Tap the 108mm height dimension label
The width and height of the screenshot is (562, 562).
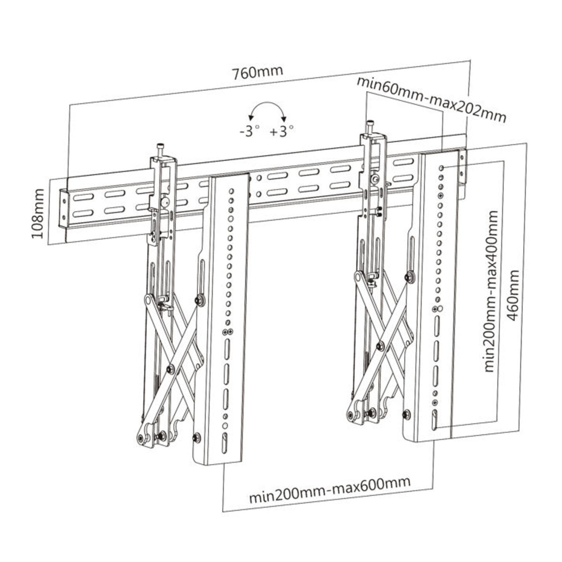[38, 214]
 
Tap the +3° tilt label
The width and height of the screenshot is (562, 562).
[282, 132]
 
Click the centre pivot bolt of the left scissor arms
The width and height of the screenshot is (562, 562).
[170, 370]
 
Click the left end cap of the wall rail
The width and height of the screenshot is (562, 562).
[63, 209]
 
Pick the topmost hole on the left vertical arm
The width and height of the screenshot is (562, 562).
[231, 191]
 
